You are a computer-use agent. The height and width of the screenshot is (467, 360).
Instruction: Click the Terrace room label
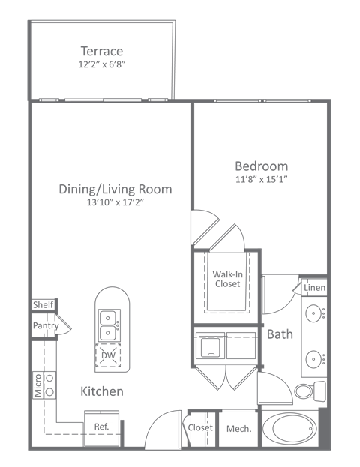point(101,51)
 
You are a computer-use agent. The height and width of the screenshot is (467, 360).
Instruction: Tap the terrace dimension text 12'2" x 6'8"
point(101,64)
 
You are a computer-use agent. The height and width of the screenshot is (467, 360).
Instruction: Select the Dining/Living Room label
point(115,189)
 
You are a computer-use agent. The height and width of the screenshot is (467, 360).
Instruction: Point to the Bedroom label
point(261,166)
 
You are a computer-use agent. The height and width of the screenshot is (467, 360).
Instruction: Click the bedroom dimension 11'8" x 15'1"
point(261,179)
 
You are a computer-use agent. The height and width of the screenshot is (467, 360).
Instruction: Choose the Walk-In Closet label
point(226,279)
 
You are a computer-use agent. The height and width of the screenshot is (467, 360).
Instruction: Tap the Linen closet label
point(314,288)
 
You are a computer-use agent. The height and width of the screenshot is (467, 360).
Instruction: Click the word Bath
point(280,334)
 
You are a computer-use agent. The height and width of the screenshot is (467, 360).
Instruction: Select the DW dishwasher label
point(109,356)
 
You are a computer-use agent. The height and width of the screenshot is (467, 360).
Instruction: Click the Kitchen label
point(102,391)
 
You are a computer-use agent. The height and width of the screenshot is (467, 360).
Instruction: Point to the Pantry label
point(45,326)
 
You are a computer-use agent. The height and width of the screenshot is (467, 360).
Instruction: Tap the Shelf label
point(43,305)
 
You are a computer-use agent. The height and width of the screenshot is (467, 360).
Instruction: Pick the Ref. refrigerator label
point(101,427)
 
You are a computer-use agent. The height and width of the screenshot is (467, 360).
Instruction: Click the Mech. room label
point(238,429)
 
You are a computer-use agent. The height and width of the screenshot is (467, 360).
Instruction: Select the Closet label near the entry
point(200,427)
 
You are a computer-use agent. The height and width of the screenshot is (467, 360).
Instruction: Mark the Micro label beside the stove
point(37,387)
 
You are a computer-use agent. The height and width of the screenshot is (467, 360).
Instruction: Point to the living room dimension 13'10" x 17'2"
point(115,202)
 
